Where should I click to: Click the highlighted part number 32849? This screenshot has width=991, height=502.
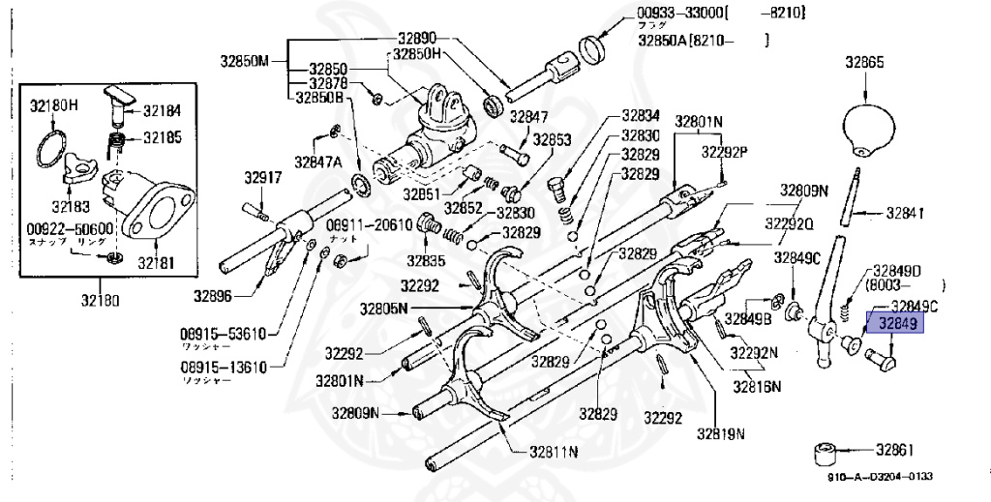pos(897,324)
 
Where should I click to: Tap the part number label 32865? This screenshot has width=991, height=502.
pos(864,62)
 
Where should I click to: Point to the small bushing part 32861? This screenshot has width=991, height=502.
pos(826,452)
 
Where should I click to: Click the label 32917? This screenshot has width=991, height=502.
pos(262,177)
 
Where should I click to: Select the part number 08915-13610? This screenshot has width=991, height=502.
pos(222,368)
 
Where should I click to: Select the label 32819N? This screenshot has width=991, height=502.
pos(725,432)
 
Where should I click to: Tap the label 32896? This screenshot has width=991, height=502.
pos(212,295)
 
